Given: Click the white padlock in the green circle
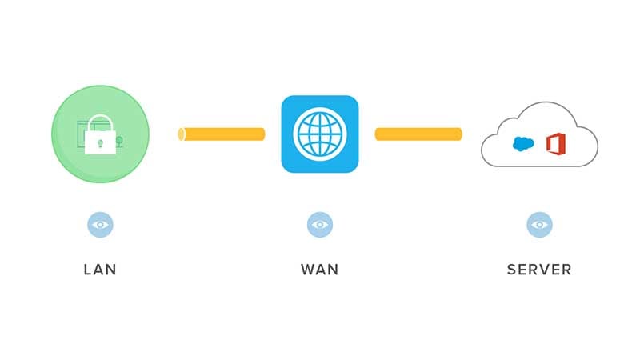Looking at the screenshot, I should point(100,138).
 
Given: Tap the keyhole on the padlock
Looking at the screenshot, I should point(100,143).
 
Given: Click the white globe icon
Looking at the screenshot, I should point(319,134).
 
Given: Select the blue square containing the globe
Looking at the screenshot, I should point(319,134).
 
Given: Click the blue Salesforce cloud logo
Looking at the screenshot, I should point(523,144).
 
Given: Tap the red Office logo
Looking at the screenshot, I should point(556,144).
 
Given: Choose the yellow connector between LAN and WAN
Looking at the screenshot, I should point(222,134).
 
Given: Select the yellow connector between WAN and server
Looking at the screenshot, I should point(418,134).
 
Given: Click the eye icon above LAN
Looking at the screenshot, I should point(100,225).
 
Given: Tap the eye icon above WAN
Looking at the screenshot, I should point(319,225).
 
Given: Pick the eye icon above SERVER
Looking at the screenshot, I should point(539,225).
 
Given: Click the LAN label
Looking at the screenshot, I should point(100,270).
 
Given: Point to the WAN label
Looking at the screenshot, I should point(319,270).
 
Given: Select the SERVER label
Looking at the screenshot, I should point(539,270).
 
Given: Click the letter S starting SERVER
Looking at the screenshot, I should point(512,270).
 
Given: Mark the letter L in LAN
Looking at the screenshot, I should point(87,270).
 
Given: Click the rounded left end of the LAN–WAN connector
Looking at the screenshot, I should point(181,134).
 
